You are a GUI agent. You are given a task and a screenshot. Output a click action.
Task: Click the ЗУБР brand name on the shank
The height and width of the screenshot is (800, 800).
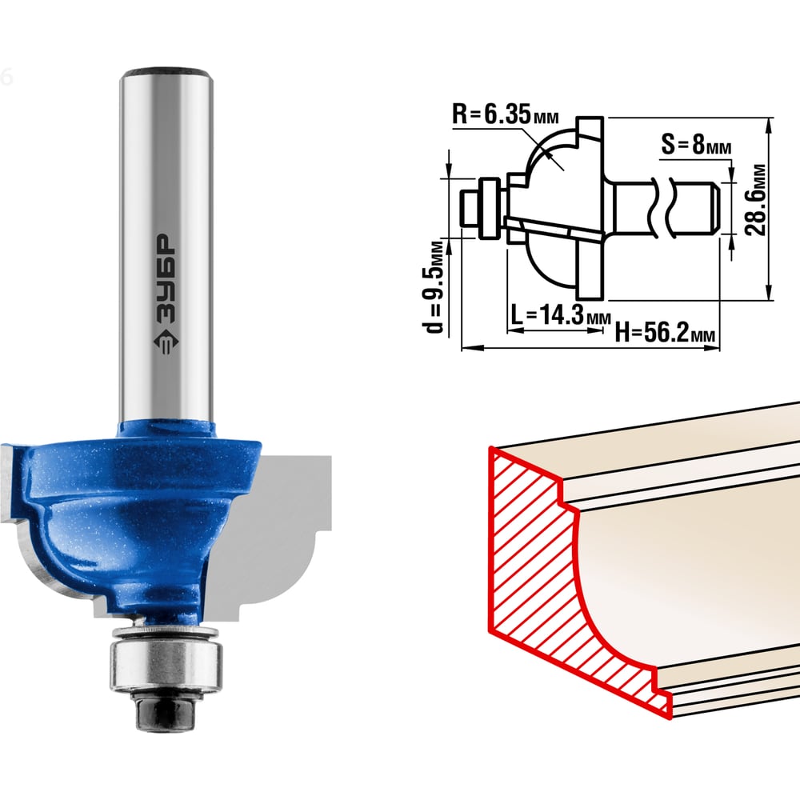166,278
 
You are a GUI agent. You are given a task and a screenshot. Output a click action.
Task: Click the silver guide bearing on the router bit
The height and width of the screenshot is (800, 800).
166,666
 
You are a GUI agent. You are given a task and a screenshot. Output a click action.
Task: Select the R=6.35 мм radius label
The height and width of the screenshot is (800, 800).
505,114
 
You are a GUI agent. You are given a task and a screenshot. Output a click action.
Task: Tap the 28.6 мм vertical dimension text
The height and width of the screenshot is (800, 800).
756,199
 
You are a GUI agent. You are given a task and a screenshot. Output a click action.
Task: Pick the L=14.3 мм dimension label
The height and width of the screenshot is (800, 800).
560,314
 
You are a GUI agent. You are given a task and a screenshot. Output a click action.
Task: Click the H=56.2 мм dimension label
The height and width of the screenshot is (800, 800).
665,333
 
